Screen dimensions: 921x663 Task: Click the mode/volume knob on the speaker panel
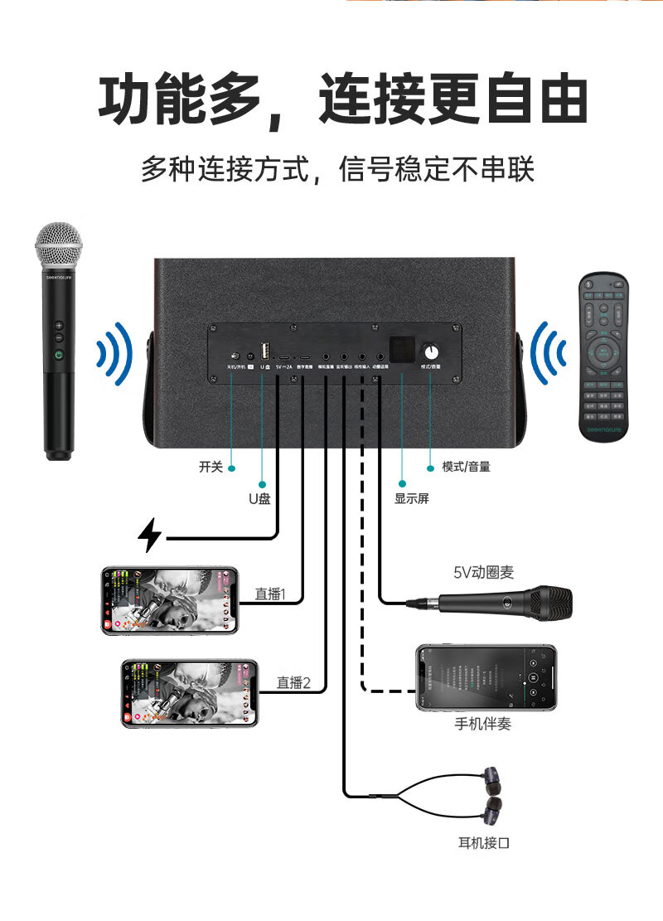[430, 350]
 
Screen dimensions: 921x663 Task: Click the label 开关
[211, 468]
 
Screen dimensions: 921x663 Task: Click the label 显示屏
[412, 499]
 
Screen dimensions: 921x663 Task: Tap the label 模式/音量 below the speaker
[466, 467]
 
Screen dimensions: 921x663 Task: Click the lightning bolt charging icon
[149, 535]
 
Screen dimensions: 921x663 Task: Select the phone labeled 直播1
[169, 601]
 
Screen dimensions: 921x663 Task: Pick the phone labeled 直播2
[190, 693]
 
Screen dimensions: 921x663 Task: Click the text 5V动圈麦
[483, 572]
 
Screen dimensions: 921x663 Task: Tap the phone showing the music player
[486, 677]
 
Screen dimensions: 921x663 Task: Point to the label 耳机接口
[484, 844]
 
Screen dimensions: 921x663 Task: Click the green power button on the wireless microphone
[59, 356]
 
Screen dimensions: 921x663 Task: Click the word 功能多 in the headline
[179, 102]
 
